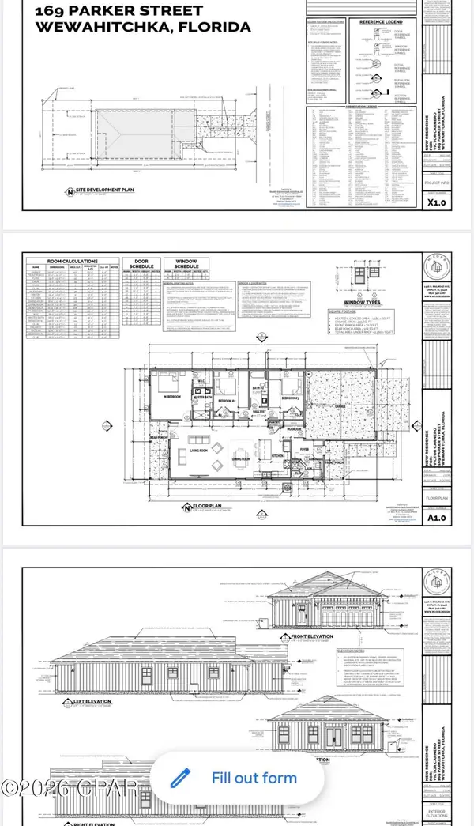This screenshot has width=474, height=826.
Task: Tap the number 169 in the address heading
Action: pyautogui.click(x=51, y=10)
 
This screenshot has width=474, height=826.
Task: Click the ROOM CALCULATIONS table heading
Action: pyautogui.click(x=62, y=261)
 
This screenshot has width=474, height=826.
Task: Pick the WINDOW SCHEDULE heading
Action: pyautogui.click(x=182, y=264)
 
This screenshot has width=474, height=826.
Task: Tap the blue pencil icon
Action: pyautogui.click(x=181, y=777)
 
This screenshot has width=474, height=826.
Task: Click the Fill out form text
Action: pyautogui.click(x=254, y=778)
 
